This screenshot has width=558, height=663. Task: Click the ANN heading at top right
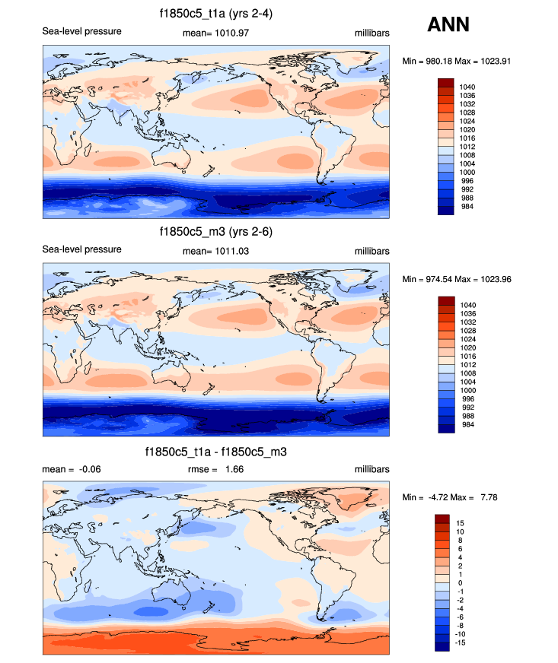448,24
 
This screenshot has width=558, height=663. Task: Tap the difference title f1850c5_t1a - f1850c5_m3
215,452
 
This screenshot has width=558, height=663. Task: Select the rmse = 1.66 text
216,469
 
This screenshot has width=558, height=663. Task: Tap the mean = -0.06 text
71,469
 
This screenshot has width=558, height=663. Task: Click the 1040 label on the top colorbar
467,87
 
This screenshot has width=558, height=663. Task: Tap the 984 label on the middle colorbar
467,424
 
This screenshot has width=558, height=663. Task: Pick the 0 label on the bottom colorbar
458,582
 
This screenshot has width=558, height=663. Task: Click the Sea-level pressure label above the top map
81,31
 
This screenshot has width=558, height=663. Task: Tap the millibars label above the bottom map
371,469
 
